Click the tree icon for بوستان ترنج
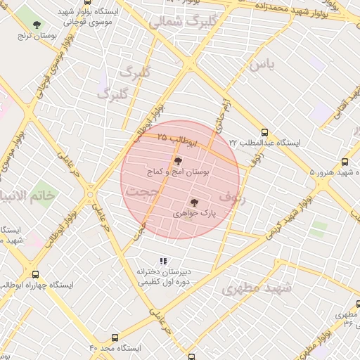click(37, 25)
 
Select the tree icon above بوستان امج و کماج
click(177, 161)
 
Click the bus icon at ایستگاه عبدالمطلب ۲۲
click(264, 132)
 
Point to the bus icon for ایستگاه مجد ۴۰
click(115, 337)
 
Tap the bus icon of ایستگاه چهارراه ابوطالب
click(35, 275)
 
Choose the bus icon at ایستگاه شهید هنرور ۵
click(344, 162)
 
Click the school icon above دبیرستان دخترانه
click(164, 261)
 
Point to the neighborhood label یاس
click(261, 65)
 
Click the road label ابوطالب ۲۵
click(177, 139)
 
